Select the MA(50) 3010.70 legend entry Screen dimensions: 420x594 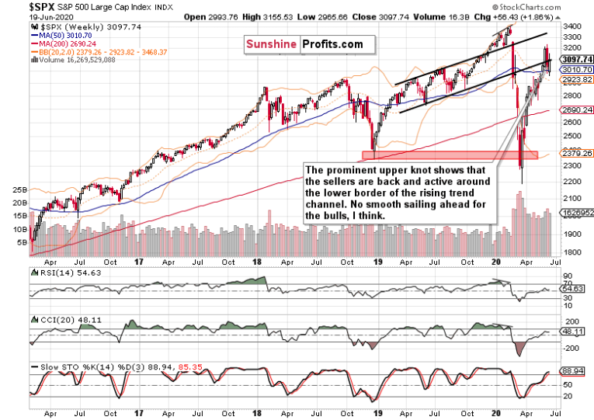pos(62,35)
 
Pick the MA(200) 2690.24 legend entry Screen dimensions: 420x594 pos(64,44)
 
